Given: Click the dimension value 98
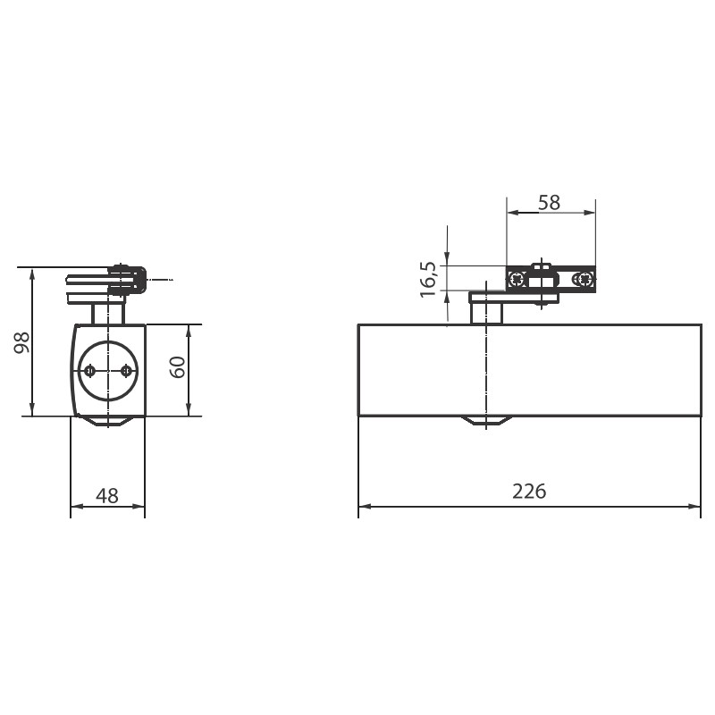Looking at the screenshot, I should point(23,341).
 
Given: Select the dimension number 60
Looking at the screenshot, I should point(178,366).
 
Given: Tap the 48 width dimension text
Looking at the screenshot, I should point(107,495).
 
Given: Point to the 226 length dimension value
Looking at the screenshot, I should point(528,491).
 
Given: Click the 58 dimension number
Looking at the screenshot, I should point(549,202).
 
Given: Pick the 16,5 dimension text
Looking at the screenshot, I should point(428,279).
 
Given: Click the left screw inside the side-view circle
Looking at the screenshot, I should point(90,371).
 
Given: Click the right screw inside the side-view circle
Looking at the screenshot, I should point(125,371).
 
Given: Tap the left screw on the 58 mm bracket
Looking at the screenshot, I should point(517,279).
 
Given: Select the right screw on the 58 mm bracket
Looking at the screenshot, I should point(585,279).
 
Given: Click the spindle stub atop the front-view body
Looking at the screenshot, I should point(486,311).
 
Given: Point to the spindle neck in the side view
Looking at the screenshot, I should point(108,313).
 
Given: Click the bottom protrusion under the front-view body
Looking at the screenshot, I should point(486,421).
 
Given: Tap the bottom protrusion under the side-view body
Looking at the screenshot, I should point(108,420).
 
